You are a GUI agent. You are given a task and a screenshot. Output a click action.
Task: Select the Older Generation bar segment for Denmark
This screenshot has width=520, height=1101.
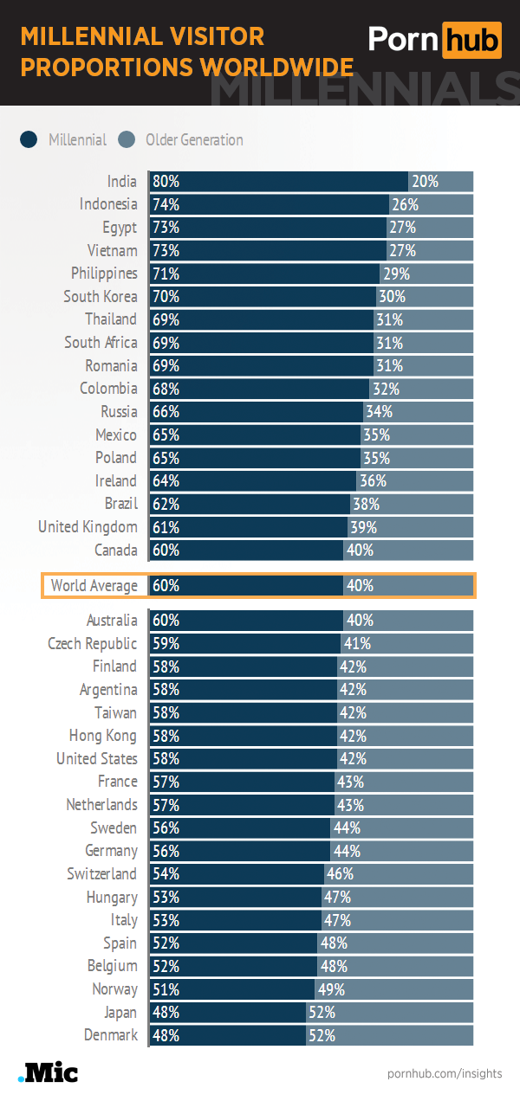pos(390,1034)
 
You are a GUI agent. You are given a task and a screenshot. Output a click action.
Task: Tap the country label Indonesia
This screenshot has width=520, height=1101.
pos(108,204)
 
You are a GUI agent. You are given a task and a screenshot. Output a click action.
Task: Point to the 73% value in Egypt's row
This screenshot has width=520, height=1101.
pos(166,228)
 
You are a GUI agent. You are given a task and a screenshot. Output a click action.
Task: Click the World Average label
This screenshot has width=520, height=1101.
pos(94,586)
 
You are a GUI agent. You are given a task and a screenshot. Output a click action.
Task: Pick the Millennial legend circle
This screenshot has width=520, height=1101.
pos(29,140)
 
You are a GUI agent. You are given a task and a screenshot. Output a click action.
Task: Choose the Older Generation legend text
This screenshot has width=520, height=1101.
pos(194,140)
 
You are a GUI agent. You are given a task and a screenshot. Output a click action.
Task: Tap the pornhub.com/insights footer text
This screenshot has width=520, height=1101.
pos(445,1073)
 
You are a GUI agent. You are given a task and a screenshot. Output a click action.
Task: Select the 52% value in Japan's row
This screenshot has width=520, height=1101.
pos(322,1012)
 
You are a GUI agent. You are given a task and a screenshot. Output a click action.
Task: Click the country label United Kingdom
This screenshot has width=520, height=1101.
pos(88,527)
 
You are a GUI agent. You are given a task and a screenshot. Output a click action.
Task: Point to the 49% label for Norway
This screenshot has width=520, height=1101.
pos(331,988)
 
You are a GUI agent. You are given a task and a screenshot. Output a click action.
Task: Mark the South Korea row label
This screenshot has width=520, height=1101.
pos(100,296)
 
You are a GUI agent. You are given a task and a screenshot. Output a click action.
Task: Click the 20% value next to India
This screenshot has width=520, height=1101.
pos(425,182)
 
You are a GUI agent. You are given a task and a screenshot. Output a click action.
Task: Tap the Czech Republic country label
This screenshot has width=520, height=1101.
pos(92,643)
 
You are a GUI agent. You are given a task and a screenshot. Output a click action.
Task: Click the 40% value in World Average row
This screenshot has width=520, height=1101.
pos(360,586)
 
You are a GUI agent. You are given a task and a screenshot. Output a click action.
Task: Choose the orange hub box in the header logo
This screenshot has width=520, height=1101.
pos(471,40)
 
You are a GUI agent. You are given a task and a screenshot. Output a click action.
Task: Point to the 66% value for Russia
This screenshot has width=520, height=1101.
pos(166,411)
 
